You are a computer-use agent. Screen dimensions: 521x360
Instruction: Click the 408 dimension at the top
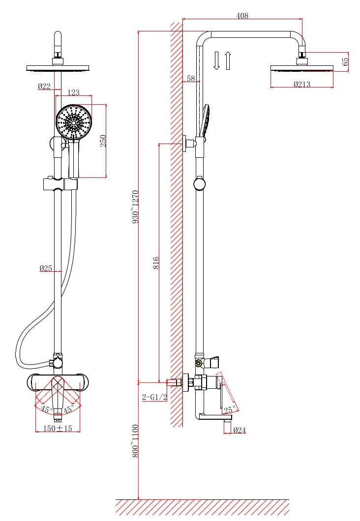click(242, 16)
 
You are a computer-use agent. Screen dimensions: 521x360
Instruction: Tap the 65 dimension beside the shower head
click(345, 61)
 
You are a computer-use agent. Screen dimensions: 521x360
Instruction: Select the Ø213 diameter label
click(301, 84)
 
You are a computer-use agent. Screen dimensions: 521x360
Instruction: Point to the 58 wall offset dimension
click(191, 79)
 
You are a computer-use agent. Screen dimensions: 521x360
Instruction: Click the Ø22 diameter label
click(44, 87)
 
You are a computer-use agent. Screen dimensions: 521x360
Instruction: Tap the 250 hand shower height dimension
click(103, 141)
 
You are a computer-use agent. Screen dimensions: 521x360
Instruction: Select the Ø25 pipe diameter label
click(46, 268)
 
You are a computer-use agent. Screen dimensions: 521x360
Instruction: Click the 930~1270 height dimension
click(136, 206)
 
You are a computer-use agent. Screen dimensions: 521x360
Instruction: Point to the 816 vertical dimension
click(155, 263)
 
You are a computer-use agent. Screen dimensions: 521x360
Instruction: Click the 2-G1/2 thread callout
click(153, 397)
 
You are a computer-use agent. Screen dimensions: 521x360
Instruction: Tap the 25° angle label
click(229, 409)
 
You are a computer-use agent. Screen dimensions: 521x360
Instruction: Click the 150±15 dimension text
click(58, 429)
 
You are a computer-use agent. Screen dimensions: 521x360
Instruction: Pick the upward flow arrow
click(227, 59)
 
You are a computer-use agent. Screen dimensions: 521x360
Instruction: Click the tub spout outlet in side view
click(228, 418)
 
